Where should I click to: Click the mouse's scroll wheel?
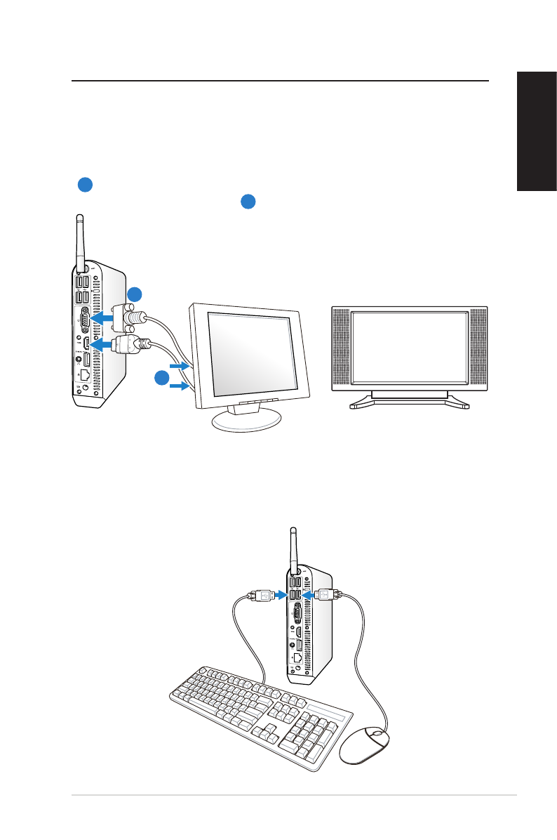click(377, 733)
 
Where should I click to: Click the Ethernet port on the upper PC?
click(85, 374)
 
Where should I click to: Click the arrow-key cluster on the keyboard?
click(264, 735)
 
